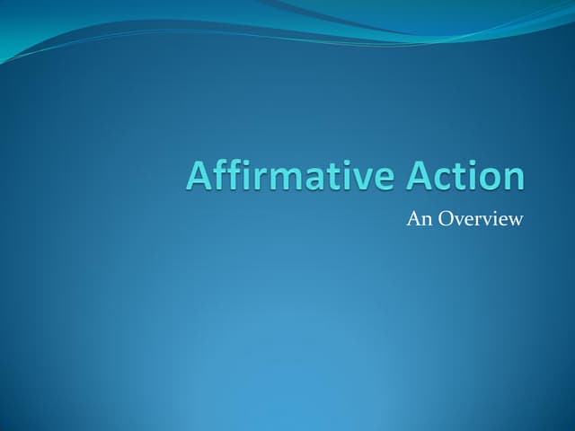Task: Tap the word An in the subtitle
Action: click(x=418, y=218)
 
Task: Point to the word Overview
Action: click(x=478, y=218)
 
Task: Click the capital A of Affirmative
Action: click(x=199, y=175)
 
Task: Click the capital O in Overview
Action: click(x=443, y=218)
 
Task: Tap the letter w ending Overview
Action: click(x=514, y=220)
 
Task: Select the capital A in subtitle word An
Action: click(x=413, y=218)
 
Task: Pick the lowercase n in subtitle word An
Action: click(x=424, y=220)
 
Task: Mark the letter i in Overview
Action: click(x=491, y=218)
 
